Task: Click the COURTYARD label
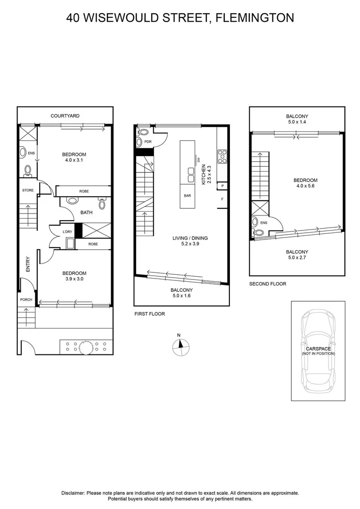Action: [65, 115]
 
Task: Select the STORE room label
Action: [28, 190]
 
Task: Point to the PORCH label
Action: [25, 300]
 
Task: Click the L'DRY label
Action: [67, 232]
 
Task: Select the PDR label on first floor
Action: [148, 141]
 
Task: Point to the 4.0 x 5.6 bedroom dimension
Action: [305, 187]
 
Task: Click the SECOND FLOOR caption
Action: [268, 284]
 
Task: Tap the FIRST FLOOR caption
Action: [150, 313]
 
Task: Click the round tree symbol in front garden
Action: [85, 347]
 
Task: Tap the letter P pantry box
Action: [222, 186]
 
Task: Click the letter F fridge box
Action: [222, 199]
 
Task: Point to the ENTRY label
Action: [28, 264]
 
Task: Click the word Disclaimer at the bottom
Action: [74, 493]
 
